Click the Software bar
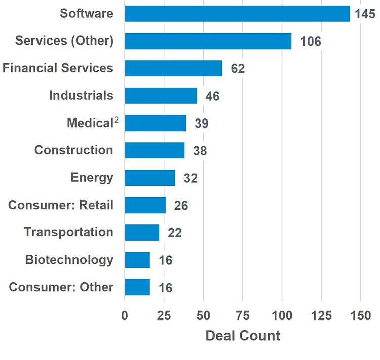(x=237, y=14)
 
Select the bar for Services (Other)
(x=208, y=41)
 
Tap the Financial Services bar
(x=173, y=68)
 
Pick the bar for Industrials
(x=161, y=96)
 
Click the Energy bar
(x=149, y=178)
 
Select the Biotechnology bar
(x=137, y=260)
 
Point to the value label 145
(x=365, y=14)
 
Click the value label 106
(x=310, y=42)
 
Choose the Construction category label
(x=73, y=150)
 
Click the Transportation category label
(x=68, y=232)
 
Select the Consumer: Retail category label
(x=61, y=205)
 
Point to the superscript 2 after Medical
(x=116, y=120)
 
